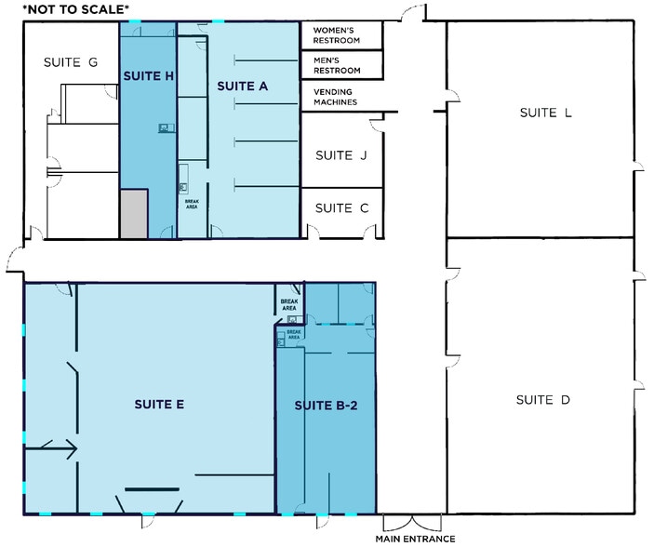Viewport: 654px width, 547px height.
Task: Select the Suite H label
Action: [148, 77]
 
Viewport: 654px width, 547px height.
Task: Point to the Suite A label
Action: [243, 87]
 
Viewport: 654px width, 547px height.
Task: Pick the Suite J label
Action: [341, 155]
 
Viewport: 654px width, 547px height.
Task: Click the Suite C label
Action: [341, 208]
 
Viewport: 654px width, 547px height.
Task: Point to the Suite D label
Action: [542, 400]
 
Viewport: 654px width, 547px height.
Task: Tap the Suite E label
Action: [159, 404]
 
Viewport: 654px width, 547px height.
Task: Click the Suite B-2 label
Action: [326, 406]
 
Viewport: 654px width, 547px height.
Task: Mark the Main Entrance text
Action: [415, 539]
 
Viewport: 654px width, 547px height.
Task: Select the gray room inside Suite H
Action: [133, 213]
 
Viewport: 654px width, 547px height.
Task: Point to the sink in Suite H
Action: [164, 127]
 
